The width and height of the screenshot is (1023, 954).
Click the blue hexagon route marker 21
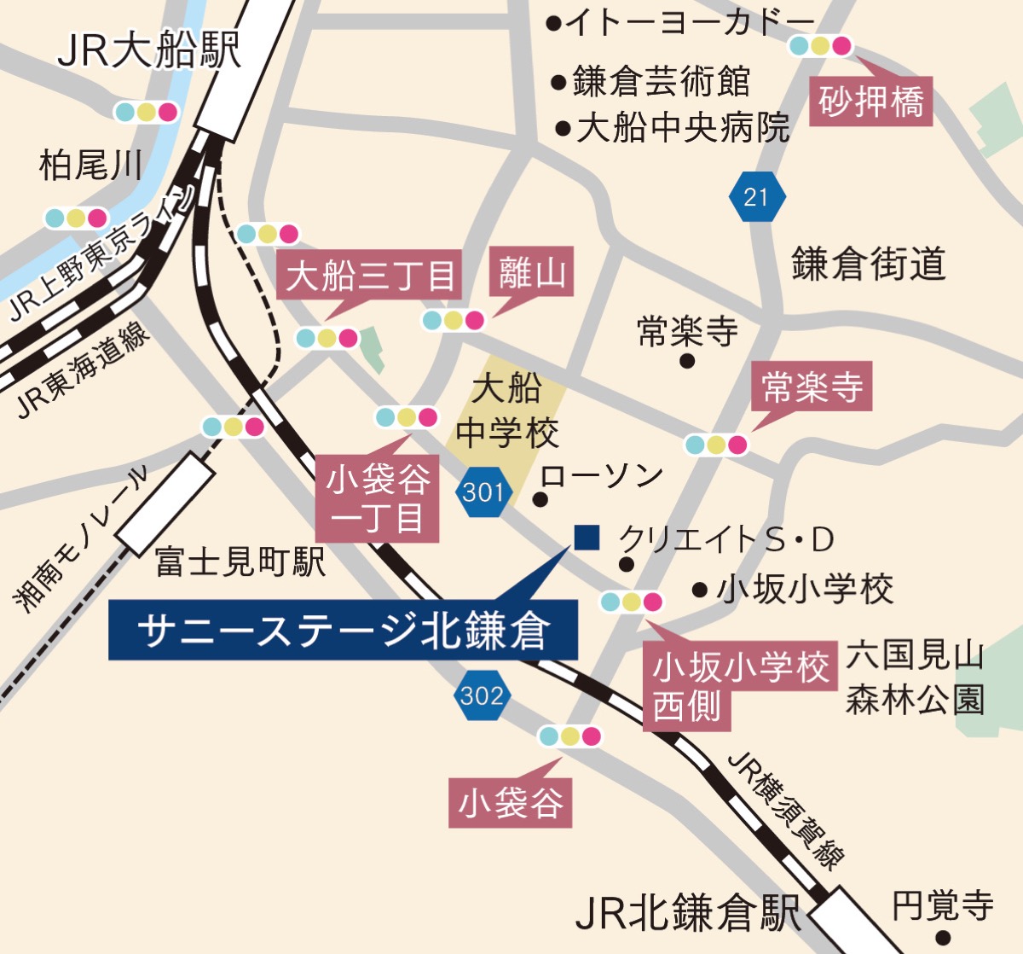(755, 197)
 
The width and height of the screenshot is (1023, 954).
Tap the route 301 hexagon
(483, 492)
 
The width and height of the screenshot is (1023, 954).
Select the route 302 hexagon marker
(482, 695)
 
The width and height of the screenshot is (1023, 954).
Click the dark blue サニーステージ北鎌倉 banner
(343, 631)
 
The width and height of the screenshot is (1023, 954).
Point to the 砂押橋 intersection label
(870, 102)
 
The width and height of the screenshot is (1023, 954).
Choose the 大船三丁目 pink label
(369, 275)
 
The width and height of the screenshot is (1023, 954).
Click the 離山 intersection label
(532, 273)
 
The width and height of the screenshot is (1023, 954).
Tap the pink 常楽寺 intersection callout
(812, 387)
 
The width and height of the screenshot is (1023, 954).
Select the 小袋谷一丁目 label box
(378, 498)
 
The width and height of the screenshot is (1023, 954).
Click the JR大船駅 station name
(148, 49)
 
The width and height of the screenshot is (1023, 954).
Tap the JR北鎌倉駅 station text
(687, 913)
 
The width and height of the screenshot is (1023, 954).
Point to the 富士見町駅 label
(240, 561)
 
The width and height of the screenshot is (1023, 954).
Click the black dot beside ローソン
(540, 500)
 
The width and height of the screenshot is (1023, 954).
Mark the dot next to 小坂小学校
(700, 589)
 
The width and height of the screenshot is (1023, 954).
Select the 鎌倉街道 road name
(868, 264)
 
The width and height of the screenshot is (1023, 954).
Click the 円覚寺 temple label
(943, 905)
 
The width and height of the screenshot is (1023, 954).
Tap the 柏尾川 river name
(90, 165)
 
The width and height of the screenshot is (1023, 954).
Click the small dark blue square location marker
(587, 537)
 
